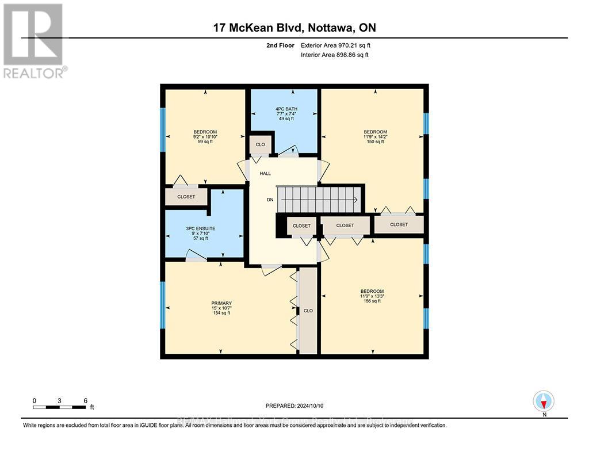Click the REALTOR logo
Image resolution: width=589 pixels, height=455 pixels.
33,40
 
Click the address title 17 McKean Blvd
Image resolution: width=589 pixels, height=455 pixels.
293,28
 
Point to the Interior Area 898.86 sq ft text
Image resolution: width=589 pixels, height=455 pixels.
335,55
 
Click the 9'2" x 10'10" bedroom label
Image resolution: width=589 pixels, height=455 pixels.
205,137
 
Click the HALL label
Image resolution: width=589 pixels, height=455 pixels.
265,173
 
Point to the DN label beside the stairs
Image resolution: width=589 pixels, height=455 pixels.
269,200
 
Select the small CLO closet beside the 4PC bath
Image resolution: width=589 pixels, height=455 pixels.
261,144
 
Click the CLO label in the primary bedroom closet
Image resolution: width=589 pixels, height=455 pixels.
308,311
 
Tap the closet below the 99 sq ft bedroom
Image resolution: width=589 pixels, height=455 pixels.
186,197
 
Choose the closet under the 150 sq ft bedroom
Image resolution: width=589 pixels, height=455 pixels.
399,224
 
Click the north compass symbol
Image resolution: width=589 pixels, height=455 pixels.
543,401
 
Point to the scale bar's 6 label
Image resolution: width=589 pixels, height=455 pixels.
85,400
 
